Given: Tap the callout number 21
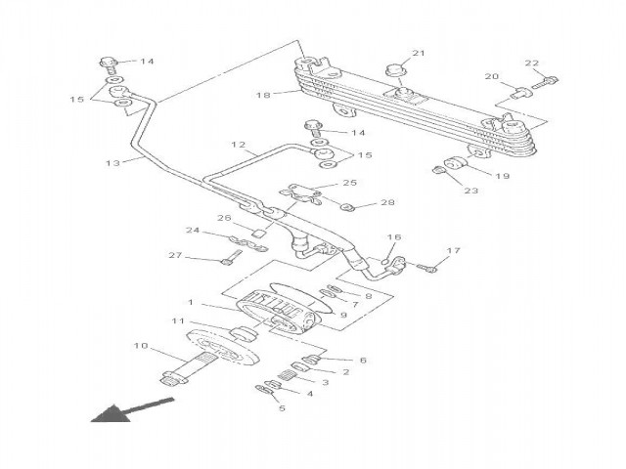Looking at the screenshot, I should [x=419, y=53].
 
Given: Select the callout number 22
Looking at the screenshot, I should [x=532, y=64].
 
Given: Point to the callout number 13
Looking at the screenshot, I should [x=112, y=162].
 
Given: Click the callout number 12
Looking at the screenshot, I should [x=238, y=146].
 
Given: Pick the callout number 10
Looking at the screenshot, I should [x=141, y=345].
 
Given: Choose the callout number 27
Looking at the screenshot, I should [x=175, y=256].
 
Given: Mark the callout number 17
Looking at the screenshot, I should [x=453, y=252].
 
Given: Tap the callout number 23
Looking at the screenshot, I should [x=470, y=192].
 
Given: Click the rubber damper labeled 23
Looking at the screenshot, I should [x=441, y=173].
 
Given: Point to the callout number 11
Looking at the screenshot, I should [x=177, y=320].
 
